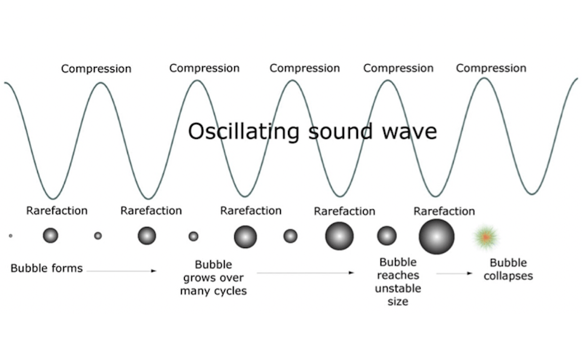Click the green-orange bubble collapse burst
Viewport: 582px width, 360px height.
pyautogui.click(x=485, y=236)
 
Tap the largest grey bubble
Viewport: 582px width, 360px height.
pyautogui.click(x=436, y=236)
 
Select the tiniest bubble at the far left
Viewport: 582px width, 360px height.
pyautogui.click(x=10, y=236)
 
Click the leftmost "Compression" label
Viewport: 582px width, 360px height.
pyautogui.click(x=96, y=68)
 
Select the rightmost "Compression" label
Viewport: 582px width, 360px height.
pyautogui.click(x=491, y=68)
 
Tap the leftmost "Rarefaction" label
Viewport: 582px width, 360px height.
pyautogui.click(x=57, y=210)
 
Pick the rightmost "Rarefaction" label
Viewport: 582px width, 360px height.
pyautogui.click(x=445, y=211)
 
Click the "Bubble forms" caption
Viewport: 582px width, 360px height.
pyautogui.click(x=47, y=268)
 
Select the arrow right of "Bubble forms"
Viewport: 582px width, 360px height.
pyautogui.click(x=121, y=271)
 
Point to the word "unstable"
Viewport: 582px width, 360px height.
pyautogui.click(x=398, y=289)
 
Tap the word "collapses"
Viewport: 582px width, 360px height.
pyautogui.click(x=508, y=276)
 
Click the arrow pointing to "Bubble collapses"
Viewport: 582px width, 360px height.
pyautogui.click(x=454, y=273)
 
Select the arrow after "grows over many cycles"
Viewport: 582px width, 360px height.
pyautogui.click(x=306, y=273)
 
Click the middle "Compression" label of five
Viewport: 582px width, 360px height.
pyautogui.click(x=305, y=68)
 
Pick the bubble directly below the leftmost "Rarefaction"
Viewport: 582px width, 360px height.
pyautogui.click(x=50, y=236)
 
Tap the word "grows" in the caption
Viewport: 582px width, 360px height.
pyautogui.click(x=198, y=278)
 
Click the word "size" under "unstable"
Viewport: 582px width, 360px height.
pyautogui.click(x=398, y=301)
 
